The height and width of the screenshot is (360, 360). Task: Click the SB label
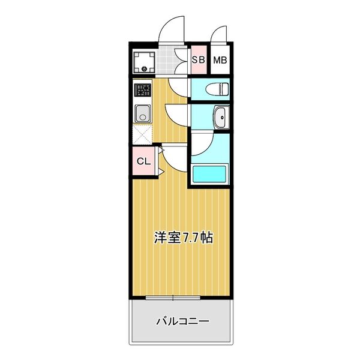[198, 60]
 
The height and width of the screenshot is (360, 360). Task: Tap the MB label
[220, 60]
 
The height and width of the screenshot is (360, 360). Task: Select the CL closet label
[143, 161]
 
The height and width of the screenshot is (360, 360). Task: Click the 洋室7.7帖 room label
[182, 238]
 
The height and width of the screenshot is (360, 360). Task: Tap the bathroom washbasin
[220, 118]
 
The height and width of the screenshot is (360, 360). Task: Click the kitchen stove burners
[143, 92]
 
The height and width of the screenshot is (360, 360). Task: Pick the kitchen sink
[143, 113]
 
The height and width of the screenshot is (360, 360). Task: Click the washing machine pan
[145, 61]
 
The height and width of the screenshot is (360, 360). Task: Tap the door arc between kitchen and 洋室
[170, 157]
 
